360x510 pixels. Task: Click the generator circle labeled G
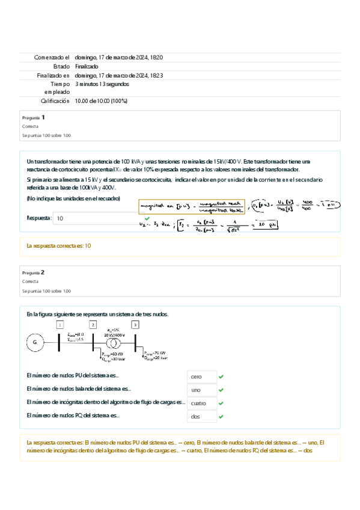coord(35,343)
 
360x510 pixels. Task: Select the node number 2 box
coord(92,325)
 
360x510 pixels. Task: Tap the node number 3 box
coord(135,325)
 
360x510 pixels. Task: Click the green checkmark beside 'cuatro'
coord(221,403)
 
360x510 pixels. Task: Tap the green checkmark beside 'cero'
coord(221,376)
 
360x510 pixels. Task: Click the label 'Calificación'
coord(55,101)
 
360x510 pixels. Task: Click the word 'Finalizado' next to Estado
coord(87,66)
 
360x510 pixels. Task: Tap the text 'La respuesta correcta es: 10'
coord(59,246)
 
